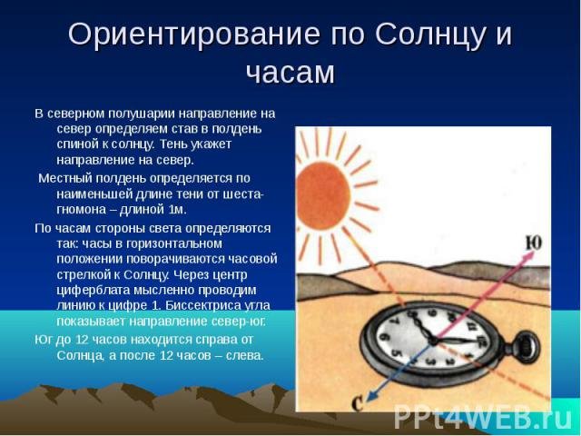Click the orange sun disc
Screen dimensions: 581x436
323,195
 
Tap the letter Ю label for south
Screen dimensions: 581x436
534,243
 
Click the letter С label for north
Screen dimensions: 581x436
357,404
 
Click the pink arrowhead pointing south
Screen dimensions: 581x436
529,256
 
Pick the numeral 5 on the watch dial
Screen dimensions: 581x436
397,353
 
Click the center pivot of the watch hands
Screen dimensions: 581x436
434,340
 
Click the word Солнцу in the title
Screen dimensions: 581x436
430,35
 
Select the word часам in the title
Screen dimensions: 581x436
290,72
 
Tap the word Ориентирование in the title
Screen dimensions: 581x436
193,35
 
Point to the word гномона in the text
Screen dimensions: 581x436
81,210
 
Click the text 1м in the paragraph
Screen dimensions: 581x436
176,210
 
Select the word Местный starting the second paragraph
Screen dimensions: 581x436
65,178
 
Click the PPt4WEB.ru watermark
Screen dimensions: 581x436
483,416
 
